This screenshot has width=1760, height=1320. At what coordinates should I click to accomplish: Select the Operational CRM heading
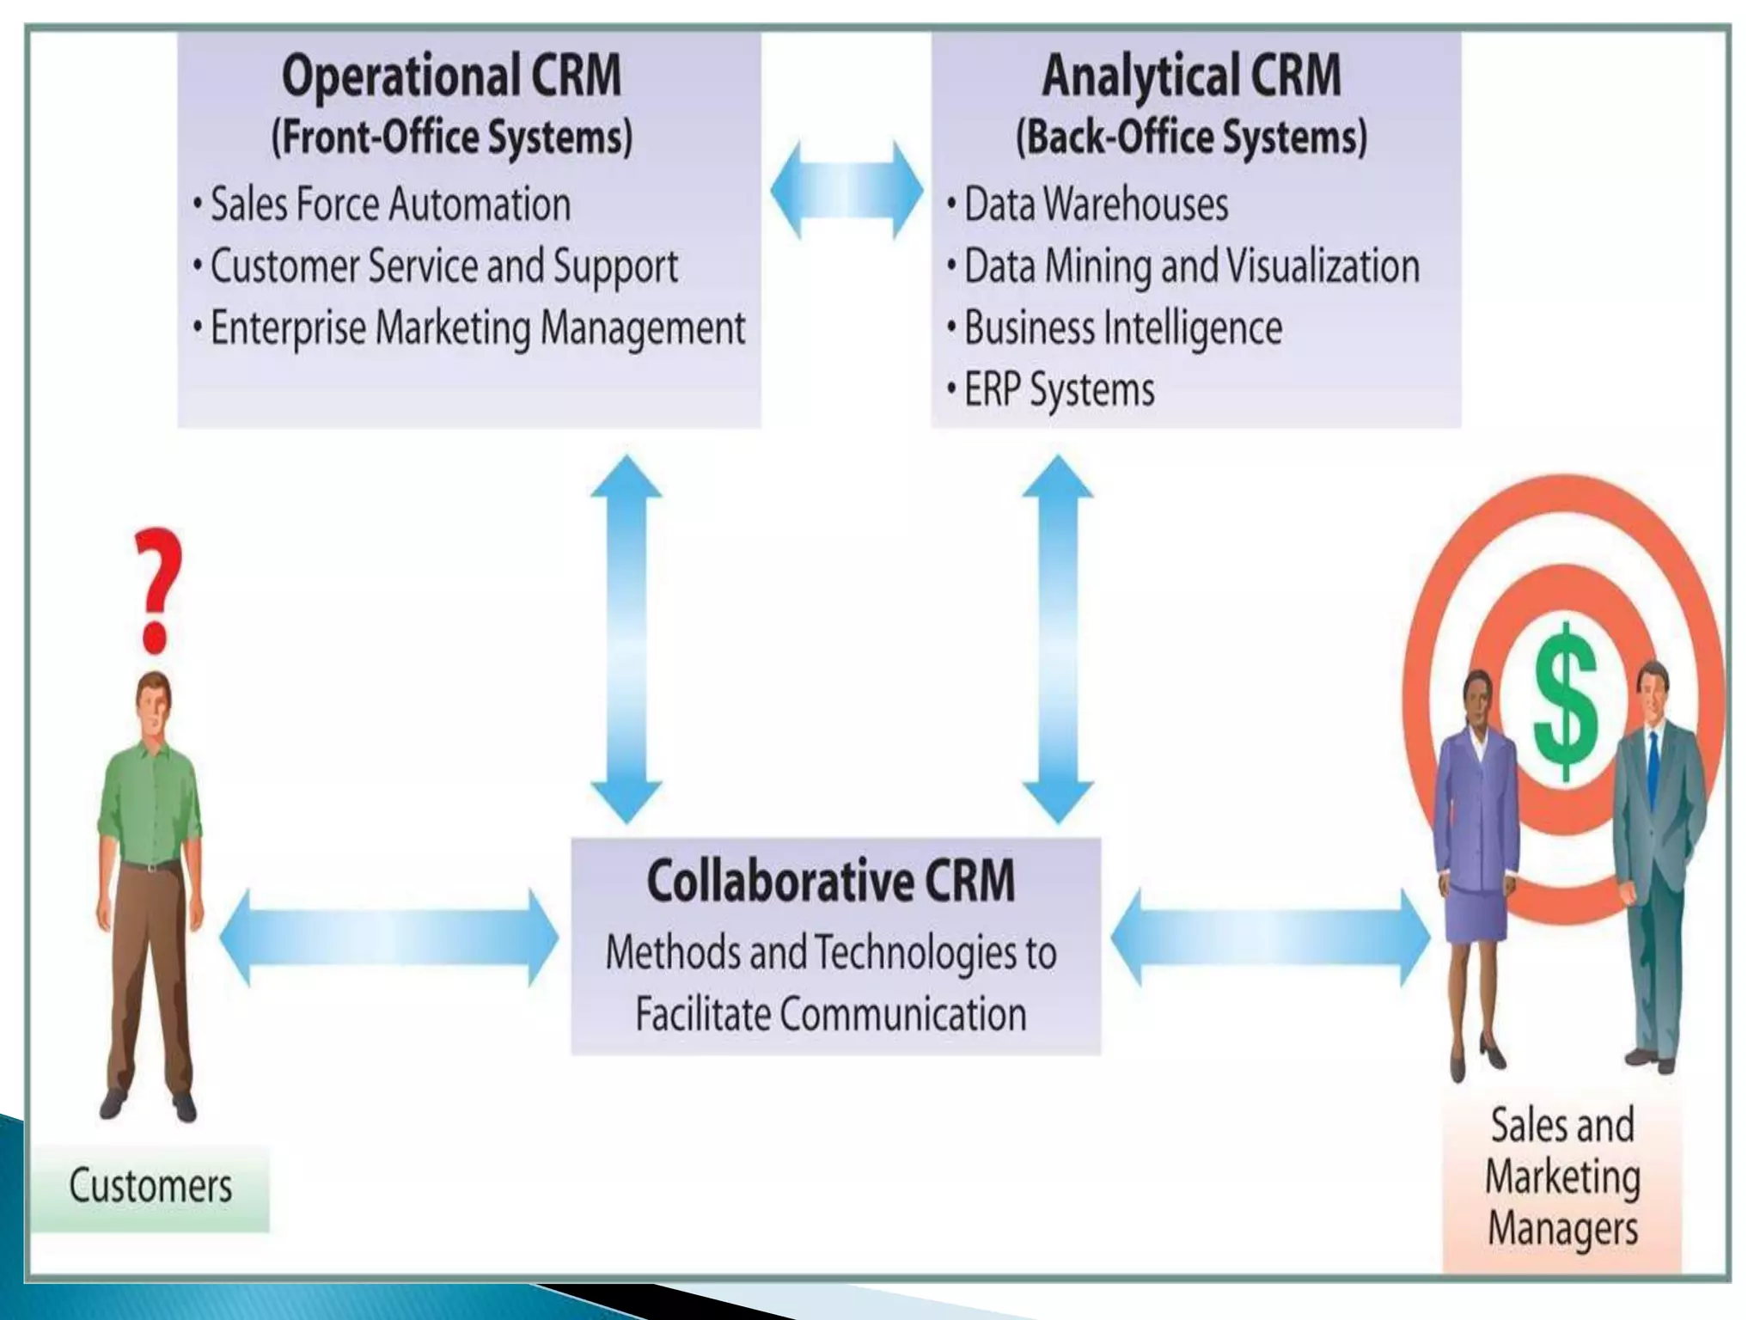pos(451,76)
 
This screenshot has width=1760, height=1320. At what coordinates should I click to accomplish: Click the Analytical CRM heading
pos(1191,76)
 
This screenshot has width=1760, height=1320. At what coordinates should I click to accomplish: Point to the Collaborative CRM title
pos(831,881)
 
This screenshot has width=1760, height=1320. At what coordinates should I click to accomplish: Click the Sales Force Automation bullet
pos(389,205)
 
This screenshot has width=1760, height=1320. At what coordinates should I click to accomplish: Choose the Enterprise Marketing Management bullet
pos(477,328)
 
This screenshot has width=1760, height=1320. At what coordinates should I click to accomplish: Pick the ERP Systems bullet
pos(1058,390)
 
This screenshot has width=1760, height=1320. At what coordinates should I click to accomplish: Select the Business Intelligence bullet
pos(1121,328)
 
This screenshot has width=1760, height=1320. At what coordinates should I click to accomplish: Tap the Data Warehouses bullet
pos(1095,205)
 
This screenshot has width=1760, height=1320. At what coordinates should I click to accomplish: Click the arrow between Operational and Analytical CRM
pos(846,190)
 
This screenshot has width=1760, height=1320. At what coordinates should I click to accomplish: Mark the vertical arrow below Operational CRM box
pos(626,638)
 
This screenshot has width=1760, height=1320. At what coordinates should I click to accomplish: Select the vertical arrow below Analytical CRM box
pos(1057,638)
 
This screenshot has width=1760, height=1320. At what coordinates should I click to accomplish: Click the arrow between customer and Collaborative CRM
pos(388,938)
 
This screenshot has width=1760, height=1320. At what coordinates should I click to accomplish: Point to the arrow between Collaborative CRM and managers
pos(1270,938)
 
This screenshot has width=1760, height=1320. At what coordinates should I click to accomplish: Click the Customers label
pos(150,1186)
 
